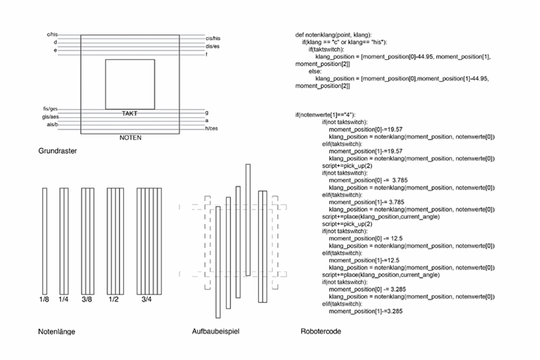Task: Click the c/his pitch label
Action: [52, 35]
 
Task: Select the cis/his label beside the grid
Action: [213, 38]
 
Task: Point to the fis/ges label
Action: [50, 109]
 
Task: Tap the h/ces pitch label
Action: [211, 129]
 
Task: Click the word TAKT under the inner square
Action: [130, 113]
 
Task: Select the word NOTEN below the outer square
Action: [130, 138]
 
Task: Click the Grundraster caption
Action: [58, 151]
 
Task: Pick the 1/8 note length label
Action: [44, 299]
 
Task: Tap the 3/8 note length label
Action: [87, 299]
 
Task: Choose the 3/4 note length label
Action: [146, 299]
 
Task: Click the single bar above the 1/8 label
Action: [45, 241]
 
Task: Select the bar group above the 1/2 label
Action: [115, 241]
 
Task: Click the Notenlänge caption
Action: [57, 332]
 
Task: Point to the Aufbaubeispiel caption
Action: [216, 331]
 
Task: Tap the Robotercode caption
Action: [321, 331]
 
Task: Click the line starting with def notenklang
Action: [333, 35]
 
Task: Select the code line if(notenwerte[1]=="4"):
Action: [325, 115]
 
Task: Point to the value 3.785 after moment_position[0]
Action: [400, 180]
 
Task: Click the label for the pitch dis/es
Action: [212, 46]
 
